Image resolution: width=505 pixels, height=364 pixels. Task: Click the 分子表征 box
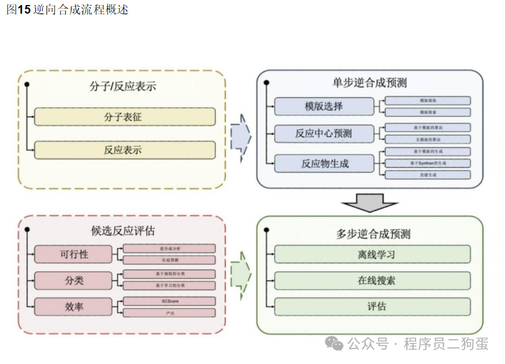click(124, 117)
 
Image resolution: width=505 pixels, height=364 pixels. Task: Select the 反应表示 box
click(124, 149)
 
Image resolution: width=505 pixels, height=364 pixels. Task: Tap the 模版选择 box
click(324, 106)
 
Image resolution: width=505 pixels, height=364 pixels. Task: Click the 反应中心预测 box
click(324, 133)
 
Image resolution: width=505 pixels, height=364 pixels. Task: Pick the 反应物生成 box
click(324, 164)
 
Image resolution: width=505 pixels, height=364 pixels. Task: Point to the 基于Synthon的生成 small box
click(427, 163)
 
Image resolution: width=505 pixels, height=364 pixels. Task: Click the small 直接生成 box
click(427, 175)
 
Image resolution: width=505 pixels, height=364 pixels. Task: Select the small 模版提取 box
click(427, 100)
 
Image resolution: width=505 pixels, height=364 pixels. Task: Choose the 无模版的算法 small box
click(427, 140)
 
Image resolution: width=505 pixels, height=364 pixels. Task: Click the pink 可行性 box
click(73, 254)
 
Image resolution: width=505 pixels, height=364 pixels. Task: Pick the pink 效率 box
click(73, 306)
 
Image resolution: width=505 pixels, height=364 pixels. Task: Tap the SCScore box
click(169, 301)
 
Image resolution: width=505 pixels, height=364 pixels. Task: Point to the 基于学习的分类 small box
click(169, 285)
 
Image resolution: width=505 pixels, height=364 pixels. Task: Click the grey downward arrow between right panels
click(370, 203)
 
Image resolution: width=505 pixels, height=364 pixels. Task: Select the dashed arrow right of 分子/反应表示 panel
click(241, 138)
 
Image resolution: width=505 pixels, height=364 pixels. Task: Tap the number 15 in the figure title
click(25, 10)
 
